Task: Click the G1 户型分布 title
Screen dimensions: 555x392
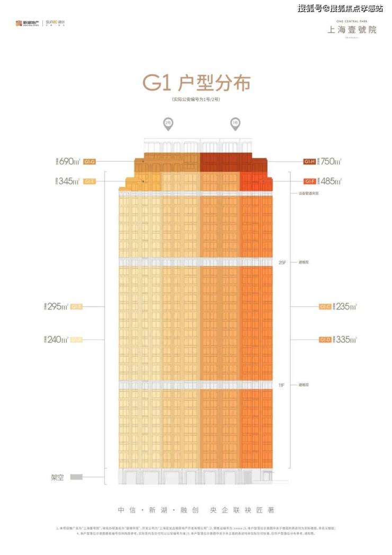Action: click(x=195, y=83)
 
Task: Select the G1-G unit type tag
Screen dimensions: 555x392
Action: click(x=90, y=161)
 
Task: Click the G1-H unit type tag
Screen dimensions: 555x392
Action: click(x=309, y=161)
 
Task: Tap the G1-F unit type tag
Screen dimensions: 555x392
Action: click(x=309, y=181)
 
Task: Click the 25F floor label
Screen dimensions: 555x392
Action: click(x=281, y=262)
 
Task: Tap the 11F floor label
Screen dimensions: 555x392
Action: click(x=281, y=384)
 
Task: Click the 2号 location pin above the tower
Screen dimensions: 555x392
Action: click(x=168, y=124)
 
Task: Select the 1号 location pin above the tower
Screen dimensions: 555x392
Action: click(x=235, y=124)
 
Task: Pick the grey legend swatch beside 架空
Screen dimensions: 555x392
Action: click(x=76, y=477)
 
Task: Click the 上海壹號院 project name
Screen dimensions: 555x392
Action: click(x=351, y=30)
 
